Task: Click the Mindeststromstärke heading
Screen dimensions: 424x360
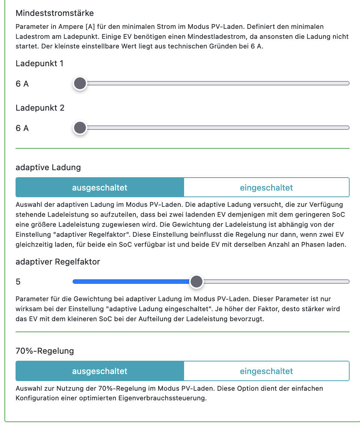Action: tap(54, 13)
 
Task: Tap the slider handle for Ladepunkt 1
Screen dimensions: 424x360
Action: tap(80, 84)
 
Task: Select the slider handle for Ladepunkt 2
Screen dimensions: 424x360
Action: tap(80, 128)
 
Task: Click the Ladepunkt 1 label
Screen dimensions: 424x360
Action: tap(40, 64)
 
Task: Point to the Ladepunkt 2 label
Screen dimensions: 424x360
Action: tap(40, 108)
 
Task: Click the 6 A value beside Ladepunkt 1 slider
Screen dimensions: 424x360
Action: tap(22, 84)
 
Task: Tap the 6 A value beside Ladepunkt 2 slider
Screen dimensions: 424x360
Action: tap(22, 128)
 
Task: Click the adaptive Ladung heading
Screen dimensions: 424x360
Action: tap(48, 167)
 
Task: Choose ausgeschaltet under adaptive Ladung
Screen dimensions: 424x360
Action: tap(100, 188)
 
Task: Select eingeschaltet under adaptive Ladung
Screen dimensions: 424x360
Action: tap(266, 188)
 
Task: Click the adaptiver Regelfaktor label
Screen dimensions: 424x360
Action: tap(58, 262)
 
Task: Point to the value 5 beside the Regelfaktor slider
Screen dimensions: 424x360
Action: tap(18, 282)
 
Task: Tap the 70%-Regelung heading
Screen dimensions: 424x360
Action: tap(45, 351)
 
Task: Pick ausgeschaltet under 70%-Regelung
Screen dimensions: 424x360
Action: tap(100, 371)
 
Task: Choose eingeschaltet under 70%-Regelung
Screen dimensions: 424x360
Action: tap(266, 371)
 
